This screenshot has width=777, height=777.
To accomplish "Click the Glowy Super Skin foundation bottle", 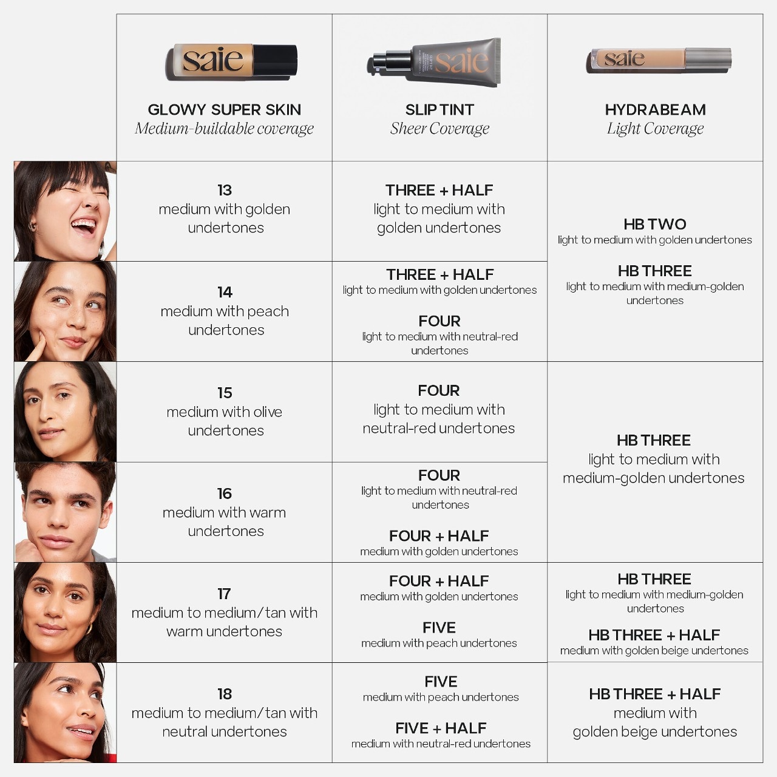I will click(x=231, y=61).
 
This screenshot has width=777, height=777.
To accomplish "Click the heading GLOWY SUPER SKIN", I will click(x=224, y=110).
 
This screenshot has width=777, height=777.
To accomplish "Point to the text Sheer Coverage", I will click(x=439, y=129).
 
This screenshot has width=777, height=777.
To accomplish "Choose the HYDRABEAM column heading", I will click(x=655, y=110).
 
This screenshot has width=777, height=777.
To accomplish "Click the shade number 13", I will click(x=224, y=190).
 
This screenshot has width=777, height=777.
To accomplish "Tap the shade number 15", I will click(x=224, y=393).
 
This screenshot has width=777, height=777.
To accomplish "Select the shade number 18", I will click(x=224, y=694).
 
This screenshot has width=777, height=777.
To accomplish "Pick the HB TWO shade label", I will click(x=654, y=224).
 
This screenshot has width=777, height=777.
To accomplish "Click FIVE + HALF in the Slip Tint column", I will click(x=441, y=728).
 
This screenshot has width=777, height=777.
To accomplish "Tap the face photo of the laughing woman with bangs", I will click(x=65, y=211).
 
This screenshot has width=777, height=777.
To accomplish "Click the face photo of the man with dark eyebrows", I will click(x=65, y=512).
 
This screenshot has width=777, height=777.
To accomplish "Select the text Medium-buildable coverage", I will click(x=224, y=129).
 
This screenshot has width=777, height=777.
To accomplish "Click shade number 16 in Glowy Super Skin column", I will click(x=224, y=494).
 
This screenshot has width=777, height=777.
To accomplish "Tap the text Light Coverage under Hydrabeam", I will click(x=655, y=129).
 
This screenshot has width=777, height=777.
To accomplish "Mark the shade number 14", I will click(x=224, y=292).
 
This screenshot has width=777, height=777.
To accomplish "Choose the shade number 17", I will click(x=224, y=594).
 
